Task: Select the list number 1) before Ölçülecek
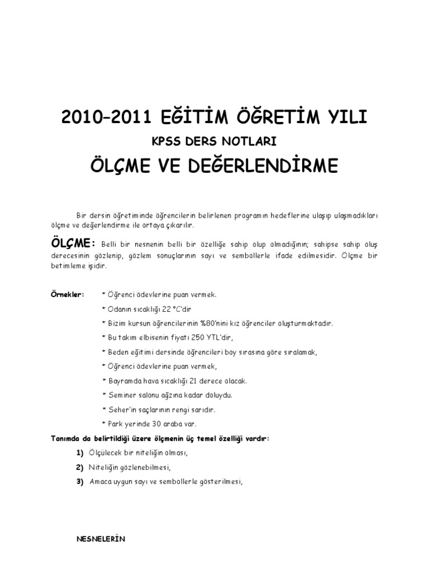(x=80, y=452)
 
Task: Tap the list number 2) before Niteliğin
(x=80, y=467)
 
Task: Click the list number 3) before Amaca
(x=80, y=481)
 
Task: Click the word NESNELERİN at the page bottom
(x=101, y=539)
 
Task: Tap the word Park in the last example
(x=113, y=424)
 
